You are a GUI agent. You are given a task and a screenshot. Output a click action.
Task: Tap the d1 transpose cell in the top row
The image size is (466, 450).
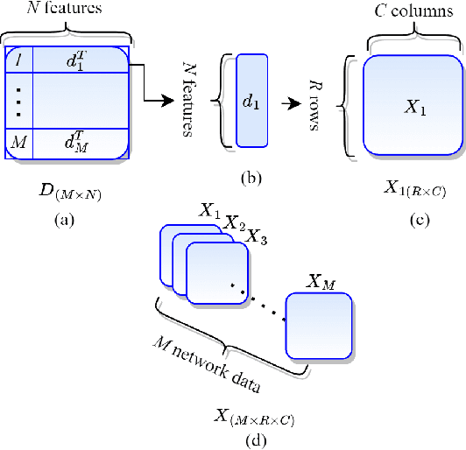[x=80, y=60]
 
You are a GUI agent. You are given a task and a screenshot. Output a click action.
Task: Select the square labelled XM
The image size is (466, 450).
[x=319, y=324]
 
